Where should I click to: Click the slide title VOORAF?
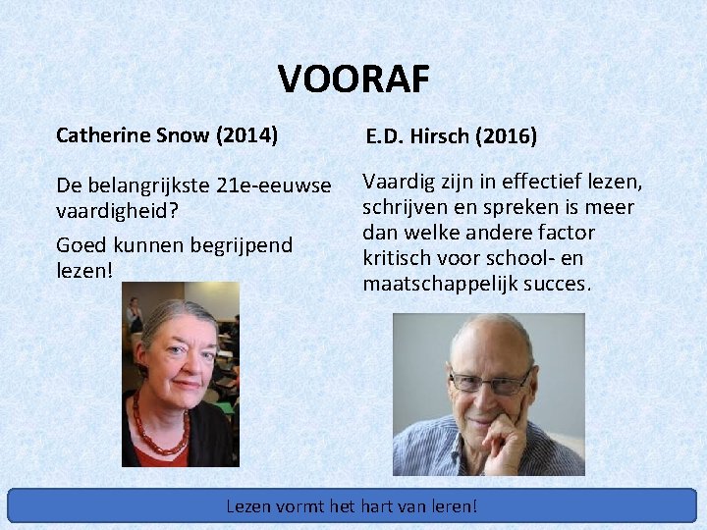[353, 79]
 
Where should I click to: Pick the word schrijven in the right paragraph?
[406, 207]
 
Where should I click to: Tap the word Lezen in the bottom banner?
[249, 506]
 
